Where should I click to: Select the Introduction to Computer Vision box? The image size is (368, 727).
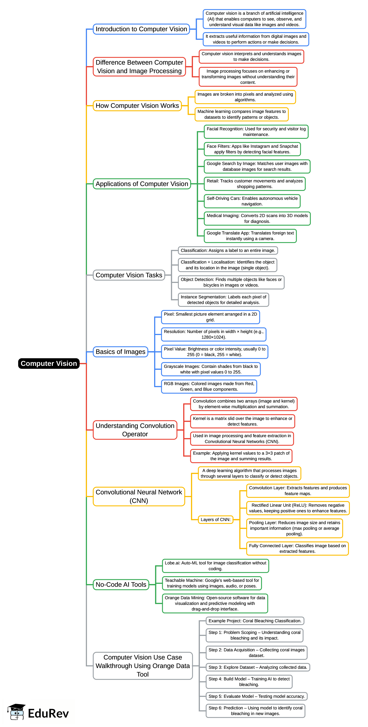coord(141,29)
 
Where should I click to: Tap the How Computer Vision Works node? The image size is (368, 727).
coord(137,106)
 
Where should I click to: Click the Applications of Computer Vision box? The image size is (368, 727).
coord(142,184)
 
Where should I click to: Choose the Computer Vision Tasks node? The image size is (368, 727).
coord(129,275)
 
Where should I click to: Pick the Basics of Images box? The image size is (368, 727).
coord(121,352)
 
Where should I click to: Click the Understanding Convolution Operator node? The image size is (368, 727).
coord(135,430)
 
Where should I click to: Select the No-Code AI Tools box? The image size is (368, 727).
coord(121,585)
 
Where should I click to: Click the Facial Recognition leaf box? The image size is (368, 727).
coord(256,132)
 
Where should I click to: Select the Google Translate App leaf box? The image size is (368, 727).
coord(250,236)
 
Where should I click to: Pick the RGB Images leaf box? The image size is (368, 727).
coord(209,386)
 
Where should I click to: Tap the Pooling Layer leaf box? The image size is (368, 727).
coord(294,528)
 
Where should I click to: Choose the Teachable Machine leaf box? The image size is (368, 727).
coord(212,583)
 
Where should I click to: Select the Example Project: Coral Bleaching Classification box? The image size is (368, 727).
coord(255,621)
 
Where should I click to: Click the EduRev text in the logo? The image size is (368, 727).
coord(48,713)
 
